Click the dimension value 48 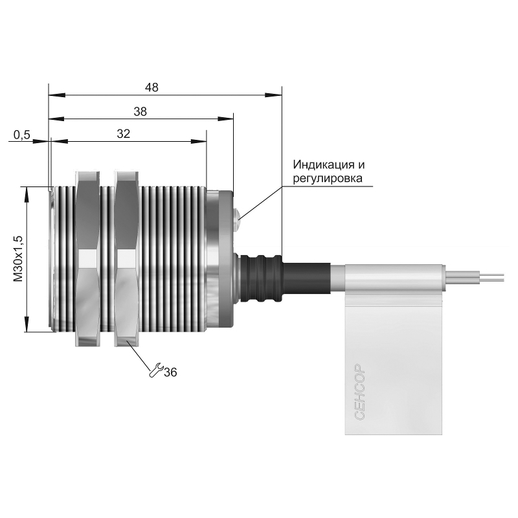[x=152, y=87]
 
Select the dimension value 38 [x=140, y=111]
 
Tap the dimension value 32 [x=124, y=134]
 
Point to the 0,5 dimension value [x=22, y=135]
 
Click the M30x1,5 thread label [x=18, y=258]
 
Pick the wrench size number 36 [x=170, y=372]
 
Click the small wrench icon [x=155, y=370]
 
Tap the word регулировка [x=328, y=179]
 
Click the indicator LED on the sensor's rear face [x=237, y=219]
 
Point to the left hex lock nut [x=87, y=258]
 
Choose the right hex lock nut [x=126, y=258]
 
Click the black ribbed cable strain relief [x=261, y=278]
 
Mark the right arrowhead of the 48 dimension [x=273, y=95]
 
